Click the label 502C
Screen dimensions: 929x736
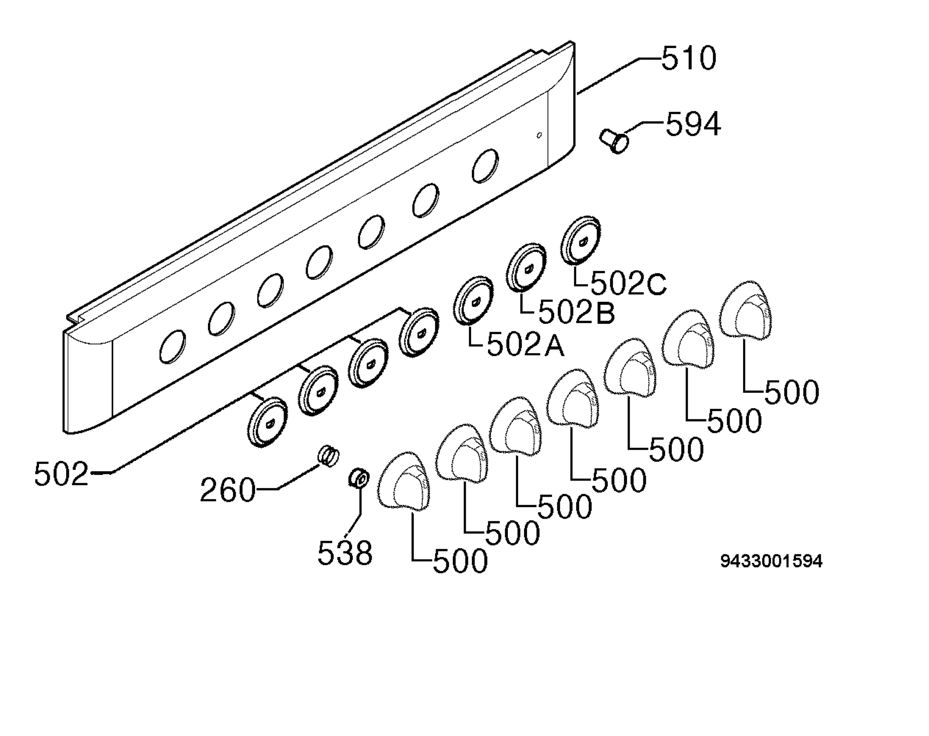tap(629, 284)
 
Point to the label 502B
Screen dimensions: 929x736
tap(576, 312)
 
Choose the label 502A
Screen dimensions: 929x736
tap(525, 345)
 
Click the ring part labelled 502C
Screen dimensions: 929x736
tap(580, 240)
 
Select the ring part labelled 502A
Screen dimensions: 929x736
tap(473, 300)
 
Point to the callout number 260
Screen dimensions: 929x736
tap(228, 490)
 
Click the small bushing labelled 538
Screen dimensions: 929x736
tap(358, 479)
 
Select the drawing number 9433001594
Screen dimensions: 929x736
tap(771, 561)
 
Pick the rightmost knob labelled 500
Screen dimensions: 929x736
tap(745, 310)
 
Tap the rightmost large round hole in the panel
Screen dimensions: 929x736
tap(485, 165)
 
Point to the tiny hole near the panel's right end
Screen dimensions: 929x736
tap(539, 135)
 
